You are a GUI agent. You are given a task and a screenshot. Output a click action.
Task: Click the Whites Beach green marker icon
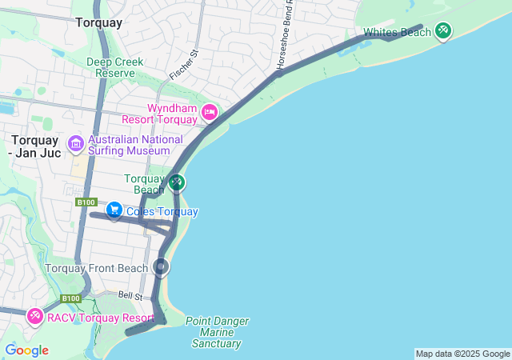coord(442,31)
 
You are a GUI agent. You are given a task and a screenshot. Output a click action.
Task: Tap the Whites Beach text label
coord(397,33)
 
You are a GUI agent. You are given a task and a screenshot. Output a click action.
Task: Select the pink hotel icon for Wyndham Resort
coord(210,112)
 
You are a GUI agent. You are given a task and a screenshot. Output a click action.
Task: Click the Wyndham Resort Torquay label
coord(171,114)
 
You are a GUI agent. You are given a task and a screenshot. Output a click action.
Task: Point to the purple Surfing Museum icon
coord(76,144)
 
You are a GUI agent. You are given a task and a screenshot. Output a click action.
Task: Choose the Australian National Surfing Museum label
coord(134,145)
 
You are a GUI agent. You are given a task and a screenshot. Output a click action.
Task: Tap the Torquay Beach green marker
coord(177,183)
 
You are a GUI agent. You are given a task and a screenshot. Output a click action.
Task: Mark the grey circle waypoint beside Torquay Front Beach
coord(162,267)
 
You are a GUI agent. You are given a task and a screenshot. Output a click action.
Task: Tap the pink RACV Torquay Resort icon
coord(35,318)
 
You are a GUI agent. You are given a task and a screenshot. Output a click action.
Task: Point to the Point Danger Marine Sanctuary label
coord(216,332)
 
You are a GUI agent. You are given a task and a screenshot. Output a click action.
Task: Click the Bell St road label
coord(130,296)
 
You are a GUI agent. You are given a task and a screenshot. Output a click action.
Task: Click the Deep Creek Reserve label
coord(115,67)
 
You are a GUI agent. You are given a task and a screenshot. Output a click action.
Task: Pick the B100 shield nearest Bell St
coord(71,298)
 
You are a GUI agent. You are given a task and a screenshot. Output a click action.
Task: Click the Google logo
coord(26,350)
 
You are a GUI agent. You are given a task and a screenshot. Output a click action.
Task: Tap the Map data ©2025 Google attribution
coord(462,354)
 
